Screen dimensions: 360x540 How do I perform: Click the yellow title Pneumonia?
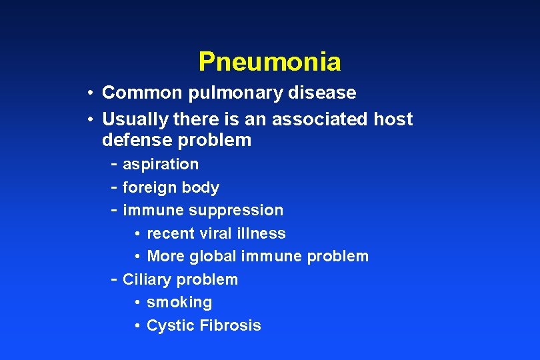(269, 62)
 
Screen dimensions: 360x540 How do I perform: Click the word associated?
(313, 119)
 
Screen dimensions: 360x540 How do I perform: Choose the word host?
(393, 119)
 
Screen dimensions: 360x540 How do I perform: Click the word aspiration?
(161, 164)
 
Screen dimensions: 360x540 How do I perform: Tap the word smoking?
(179, 303)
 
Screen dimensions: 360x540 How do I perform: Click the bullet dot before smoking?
(136, 303)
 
